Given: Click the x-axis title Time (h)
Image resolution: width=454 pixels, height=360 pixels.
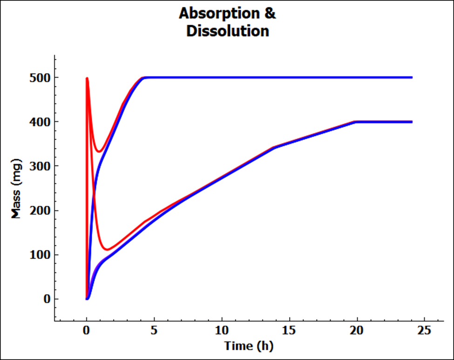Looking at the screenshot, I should pos(249,346).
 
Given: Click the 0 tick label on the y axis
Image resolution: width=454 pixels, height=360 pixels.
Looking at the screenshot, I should pos(46,299).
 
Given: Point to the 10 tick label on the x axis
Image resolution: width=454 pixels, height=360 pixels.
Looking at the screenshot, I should pos(222,334).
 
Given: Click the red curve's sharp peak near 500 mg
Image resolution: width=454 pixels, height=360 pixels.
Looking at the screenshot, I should pos(87,78).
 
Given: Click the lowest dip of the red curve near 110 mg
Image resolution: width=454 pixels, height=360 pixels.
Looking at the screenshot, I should pos(108,250).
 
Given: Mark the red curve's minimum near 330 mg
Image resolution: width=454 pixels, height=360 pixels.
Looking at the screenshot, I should pos(99,151).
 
